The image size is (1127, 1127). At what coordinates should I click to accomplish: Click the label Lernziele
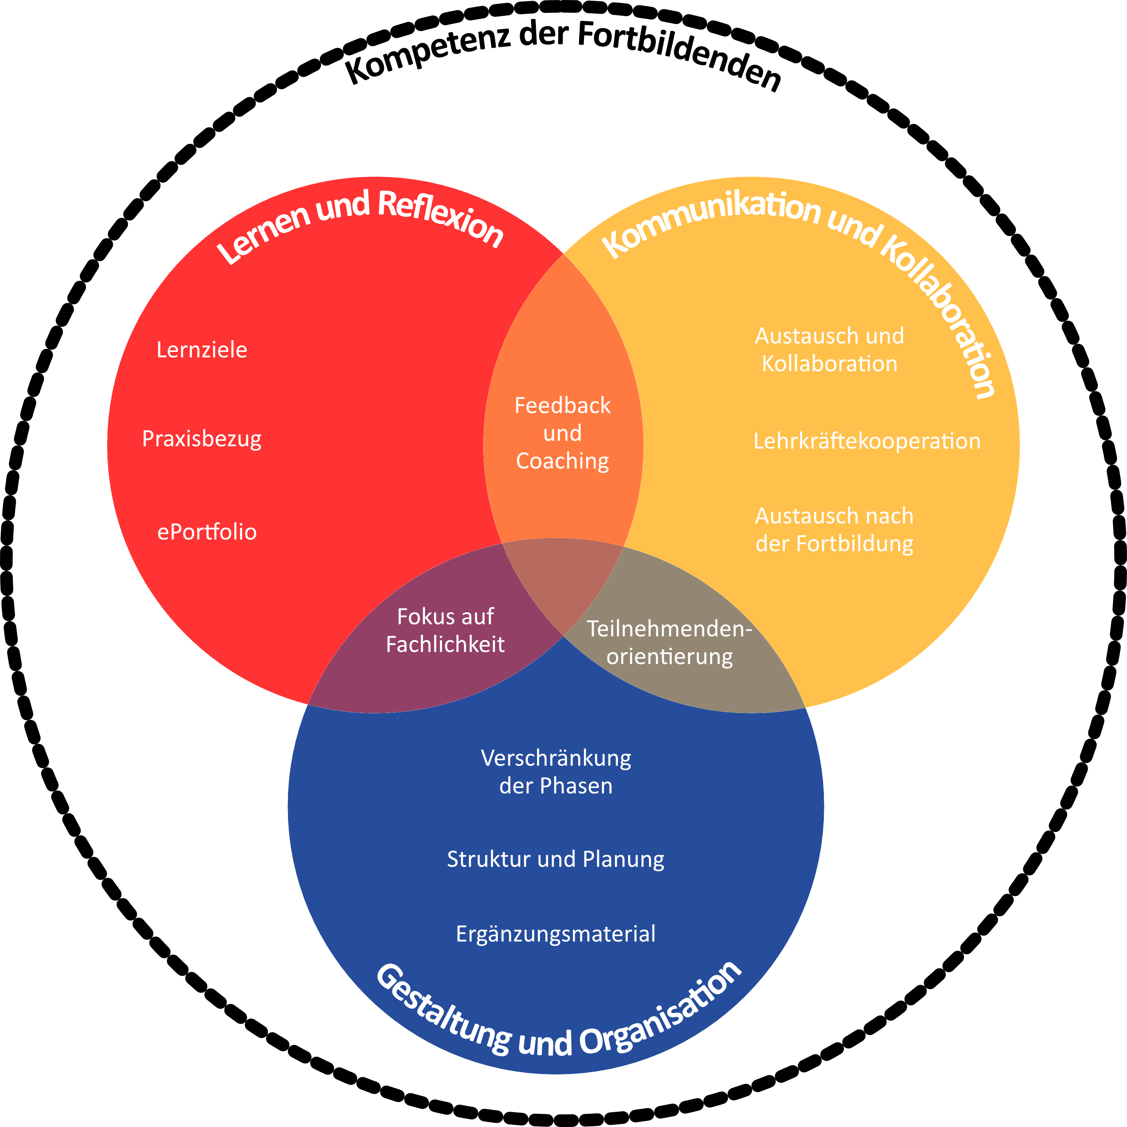(202, 350)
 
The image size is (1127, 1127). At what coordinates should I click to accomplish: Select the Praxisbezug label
(202, 439)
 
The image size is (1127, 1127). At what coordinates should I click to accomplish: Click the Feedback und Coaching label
(562, 433)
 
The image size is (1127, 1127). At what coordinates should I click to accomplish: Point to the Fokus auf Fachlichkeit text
(445, 630)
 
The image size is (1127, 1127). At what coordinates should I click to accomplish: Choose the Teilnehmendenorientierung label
(669, 643)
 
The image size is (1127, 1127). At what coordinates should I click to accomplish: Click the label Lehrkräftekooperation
(867, 441)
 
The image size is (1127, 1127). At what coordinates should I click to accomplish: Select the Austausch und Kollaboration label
(830, 350)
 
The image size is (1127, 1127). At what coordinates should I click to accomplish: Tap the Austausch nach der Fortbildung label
(834, 530)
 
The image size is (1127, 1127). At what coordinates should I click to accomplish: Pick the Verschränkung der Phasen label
(556, 772)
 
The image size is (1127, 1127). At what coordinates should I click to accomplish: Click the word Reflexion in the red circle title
(441, 219)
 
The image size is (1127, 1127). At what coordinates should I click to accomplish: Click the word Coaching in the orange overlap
(562, 461)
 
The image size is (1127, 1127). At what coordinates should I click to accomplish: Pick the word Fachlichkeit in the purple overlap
(445, 644)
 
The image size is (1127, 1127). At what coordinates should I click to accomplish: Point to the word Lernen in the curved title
(263, 233)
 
